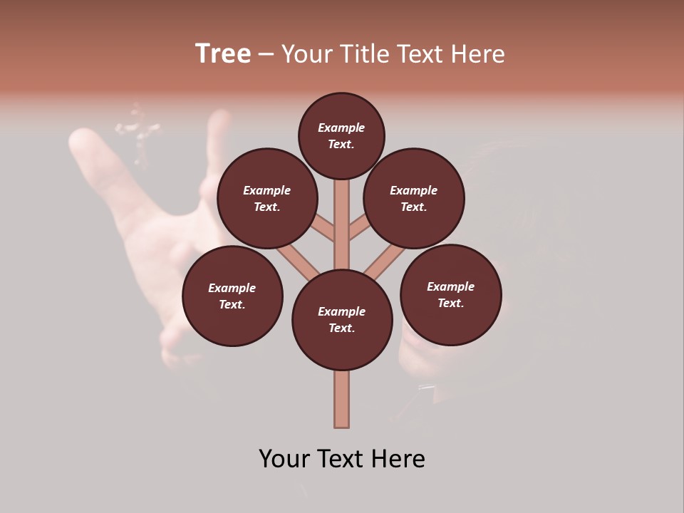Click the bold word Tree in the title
(223, 53)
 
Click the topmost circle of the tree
(341, 135)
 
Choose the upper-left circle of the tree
(267, 198)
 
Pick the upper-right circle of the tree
(414, 198)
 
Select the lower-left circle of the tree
(232, 296)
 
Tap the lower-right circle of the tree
(450, 294)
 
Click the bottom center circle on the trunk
(342, 320)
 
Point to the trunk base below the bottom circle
(342, 399)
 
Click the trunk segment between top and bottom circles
(342, 228)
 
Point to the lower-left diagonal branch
(296, 261)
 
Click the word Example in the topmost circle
(341, 128)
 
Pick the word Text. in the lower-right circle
(450, 303)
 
